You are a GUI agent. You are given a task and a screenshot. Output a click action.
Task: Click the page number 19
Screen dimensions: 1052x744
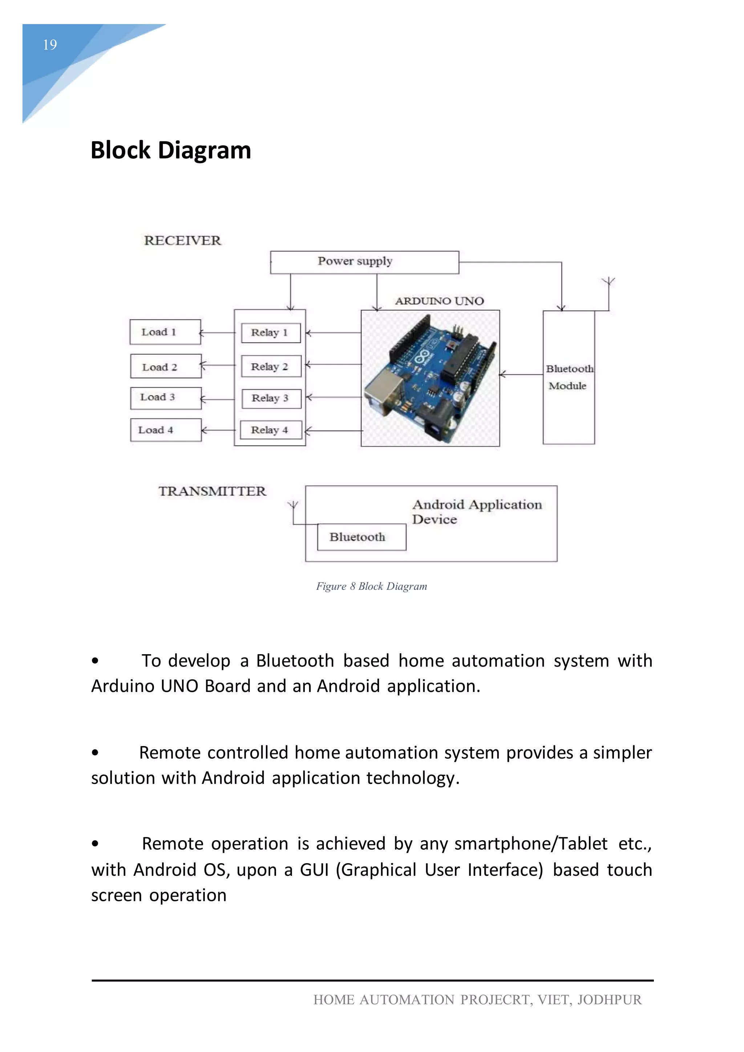click(50, 45)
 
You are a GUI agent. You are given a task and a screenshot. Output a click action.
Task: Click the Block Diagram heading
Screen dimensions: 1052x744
click(171, 150)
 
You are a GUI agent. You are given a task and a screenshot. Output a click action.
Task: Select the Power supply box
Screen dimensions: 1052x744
click(364, 262)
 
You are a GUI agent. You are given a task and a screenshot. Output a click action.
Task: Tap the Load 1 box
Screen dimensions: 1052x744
click(165, 332)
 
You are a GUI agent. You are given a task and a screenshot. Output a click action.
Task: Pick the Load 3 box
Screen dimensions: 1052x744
click(165, 398)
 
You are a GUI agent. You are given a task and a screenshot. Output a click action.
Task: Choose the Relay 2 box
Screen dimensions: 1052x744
click(271, 366)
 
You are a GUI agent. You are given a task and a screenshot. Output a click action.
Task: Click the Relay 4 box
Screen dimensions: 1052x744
click(271, 430)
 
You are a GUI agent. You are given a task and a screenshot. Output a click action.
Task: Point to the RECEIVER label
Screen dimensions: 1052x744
click(182, 240)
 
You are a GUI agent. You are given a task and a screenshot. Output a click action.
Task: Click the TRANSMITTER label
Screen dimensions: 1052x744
click(212, 491)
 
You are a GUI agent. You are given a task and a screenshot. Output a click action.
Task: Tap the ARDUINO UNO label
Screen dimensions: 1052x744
click(439, 301)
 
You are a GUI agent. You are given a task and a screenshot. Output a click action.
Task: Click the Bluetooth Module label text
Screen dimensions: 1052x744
click(569, 377)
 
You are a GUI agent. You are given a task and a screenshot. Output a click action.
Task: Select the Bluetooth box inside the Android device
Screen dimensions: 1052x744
click(361, 537)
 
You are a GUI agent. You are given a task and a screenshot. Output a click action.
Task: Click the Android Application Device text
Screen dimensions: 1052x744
click(477, 512)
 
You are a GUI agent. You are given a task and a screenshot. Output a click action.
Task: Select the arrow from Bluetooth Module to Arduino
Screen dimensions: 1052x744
click(521, 375)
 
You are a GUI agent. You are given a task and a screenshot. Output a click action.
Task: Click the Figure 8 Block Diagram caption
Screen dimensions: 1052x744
click(372, 586)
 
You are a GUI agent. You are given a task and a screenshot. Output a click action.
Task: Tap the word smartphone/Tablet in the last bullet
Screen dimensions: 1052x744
click(530, 843)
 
